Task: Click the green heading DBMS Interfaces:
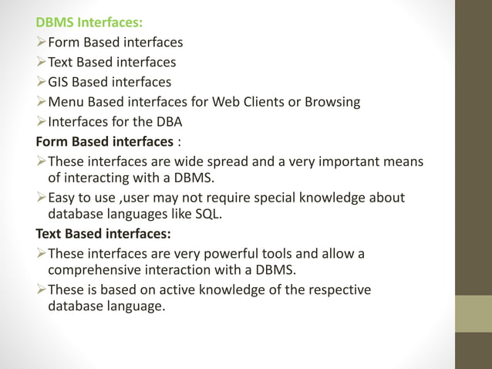point(83,22)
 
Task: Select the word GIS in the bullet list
point(59,82)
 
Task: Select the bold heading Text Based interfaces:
point(103,233)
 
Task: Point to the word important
point(345,161)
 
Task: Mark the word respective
point(336,290)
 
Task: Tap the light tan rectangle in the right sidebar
point(473,313)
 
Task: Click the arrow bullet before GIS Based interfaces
point(41,82)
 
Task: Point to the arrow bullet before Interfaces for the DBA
point(41,122)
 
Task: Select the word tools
point(281,254)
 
